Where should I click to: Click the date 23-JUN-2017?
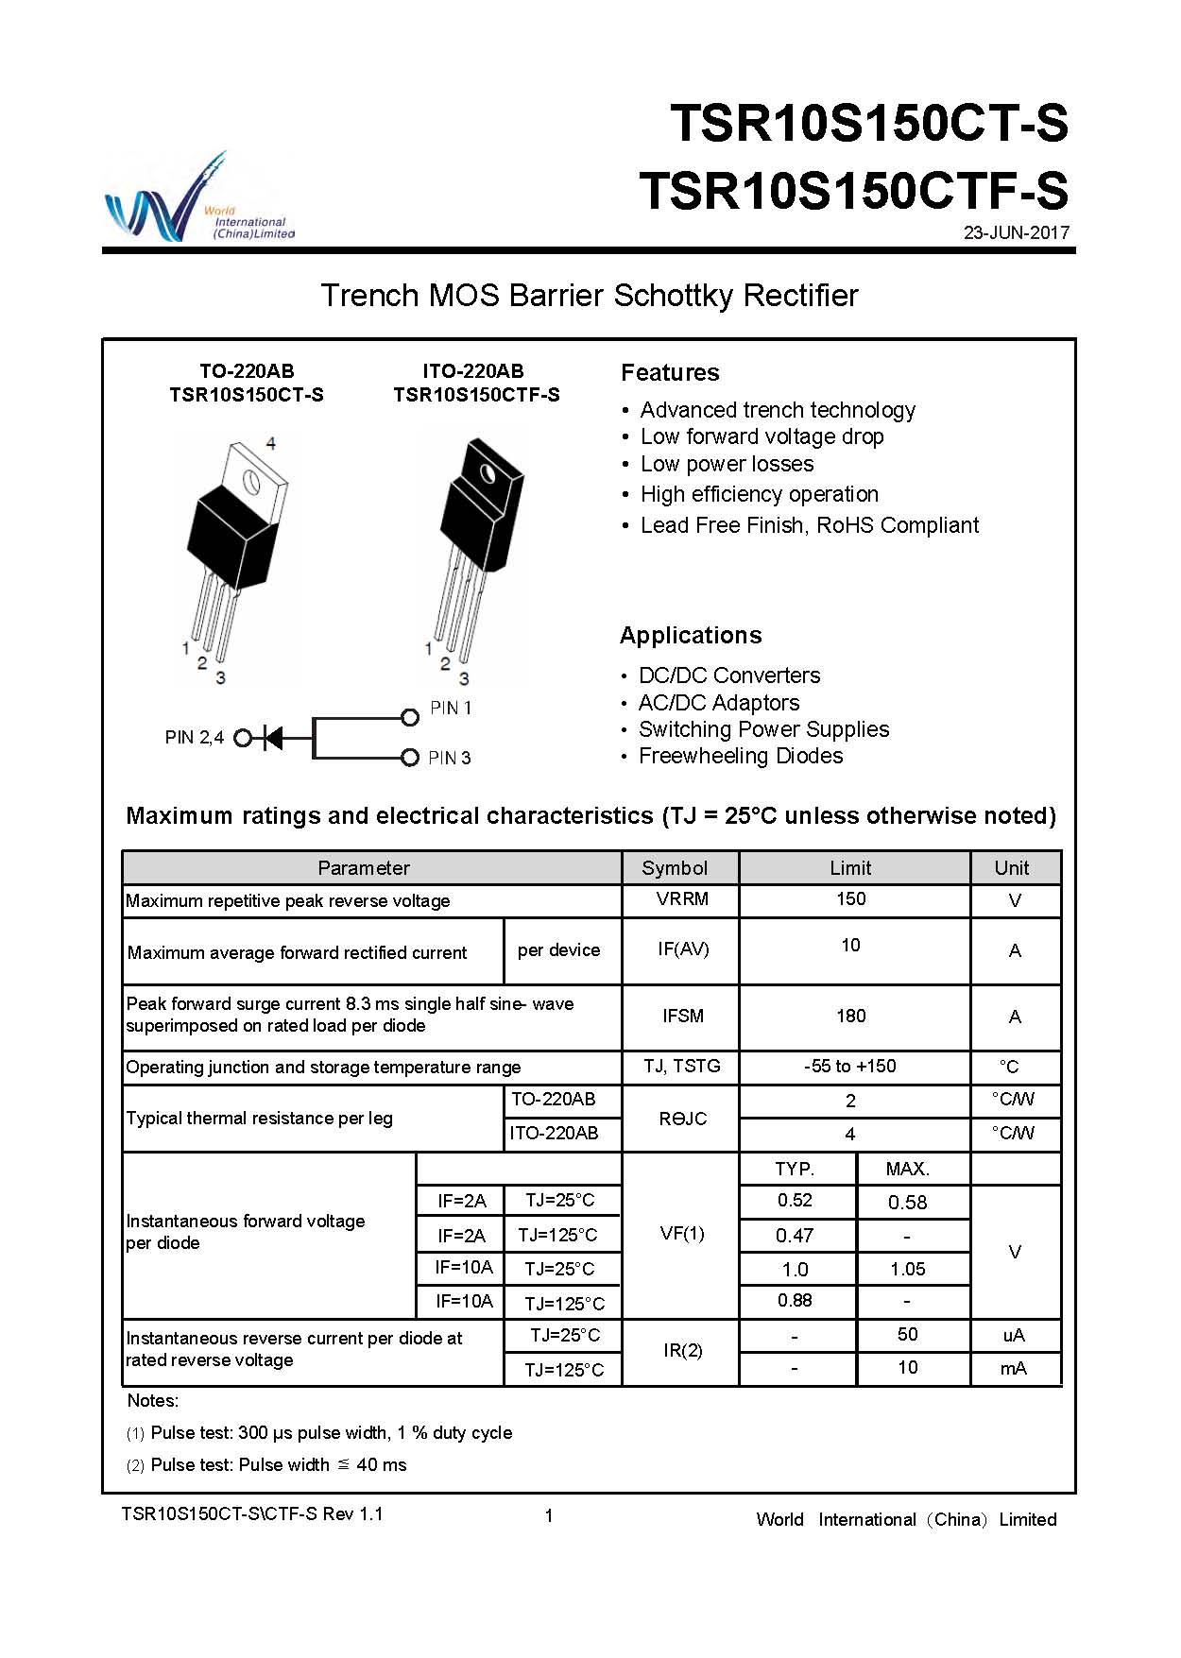(1016, 232)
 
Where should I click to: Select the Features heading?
(670, 373)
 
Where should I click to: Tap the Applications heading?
(691, 636)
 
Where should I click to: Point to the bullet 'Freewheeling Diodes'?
(741, 756)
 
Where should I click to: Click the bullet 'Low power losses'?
(727, 464)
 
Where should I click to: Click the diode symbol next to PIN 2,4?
(273, 738)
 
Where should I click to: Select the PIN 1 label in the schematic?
(451, 708)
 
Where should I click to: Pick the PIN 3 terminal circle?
(410, 758)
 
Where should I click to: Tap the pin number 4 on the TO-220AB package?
(271, 442)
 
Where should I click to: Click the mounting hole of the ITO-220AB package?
(488, 472)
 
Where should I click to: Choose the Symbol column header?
(675, 868)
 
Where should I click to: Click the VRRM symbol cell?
(682, 899)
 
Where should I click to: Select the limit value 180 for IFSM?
(850, 1017)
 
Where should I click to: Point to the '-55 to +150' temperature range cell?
(850, 1067)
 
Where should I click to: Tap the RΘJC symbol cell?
(682, 1119)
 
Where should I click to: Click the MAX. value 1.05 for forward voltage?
(908, 1270)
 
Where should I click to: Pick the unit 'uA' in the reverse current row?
(1014, 1335)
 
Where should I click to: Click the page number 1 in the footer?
(549, 1516)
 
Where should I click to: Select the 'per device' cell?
(558, 950)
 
